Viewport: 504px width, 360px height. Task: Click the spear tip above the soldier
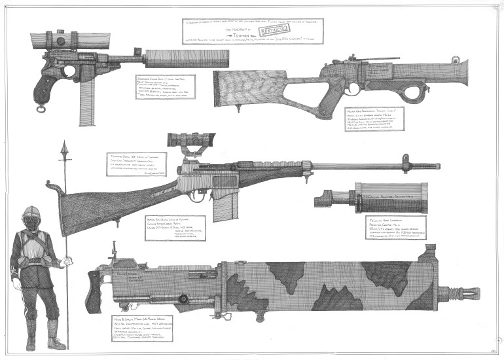coord(65,154)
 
